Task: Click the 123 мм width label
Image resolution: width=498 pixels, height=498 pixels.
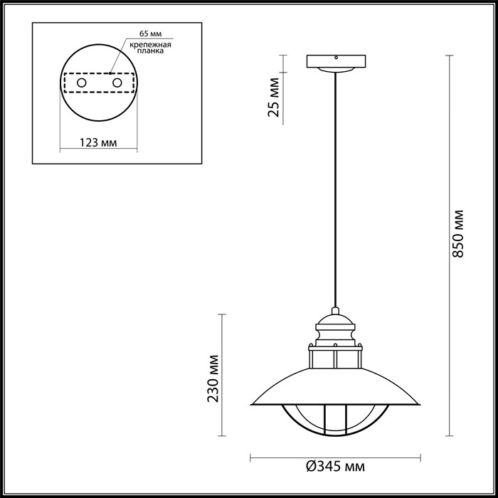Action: pyautogui.click(x=97, y=142)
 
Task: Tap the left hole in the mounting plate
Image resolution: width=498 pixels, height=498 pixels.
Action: pyautogui.click(x=82, y=84)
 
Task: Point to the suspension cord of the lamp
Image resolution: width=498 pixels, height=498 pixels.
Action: pyautogui.click(x=334, y=192)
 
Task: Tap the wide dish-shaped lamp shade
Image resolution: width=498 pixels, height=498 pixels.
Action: pyautogui.click(x=334, y=388)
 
